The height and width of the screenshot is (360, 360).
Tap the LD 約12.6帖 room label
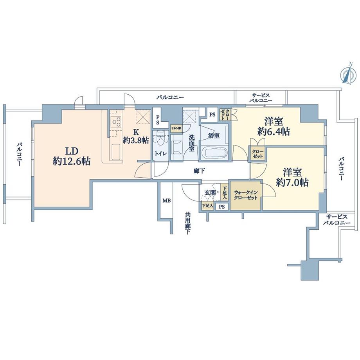72,156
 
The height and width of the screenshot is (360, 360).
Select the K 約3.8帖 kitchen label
135,135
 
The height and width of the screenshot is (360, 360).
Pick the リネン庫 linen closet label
175,128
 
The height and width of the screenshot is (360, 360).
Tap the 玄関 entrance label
210,193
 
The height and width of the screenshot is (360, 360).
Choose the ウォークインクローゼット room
245,195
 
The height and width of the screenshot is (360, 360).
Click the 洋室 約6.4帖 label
274,126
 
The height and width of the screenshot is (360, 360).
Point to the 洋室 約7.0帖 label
293,177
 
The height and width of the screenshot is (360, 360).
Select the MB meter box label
166,201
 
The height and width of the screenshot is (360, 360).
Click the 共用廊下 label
188,223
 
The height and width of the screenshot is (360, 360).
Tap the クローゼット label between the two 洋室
257,153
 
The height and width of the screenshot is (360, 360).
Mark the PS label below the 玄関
221,207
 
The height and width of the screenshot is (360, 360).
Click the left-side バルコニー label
19,155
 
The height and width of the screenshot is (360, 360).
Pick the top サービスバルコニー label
261,98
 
